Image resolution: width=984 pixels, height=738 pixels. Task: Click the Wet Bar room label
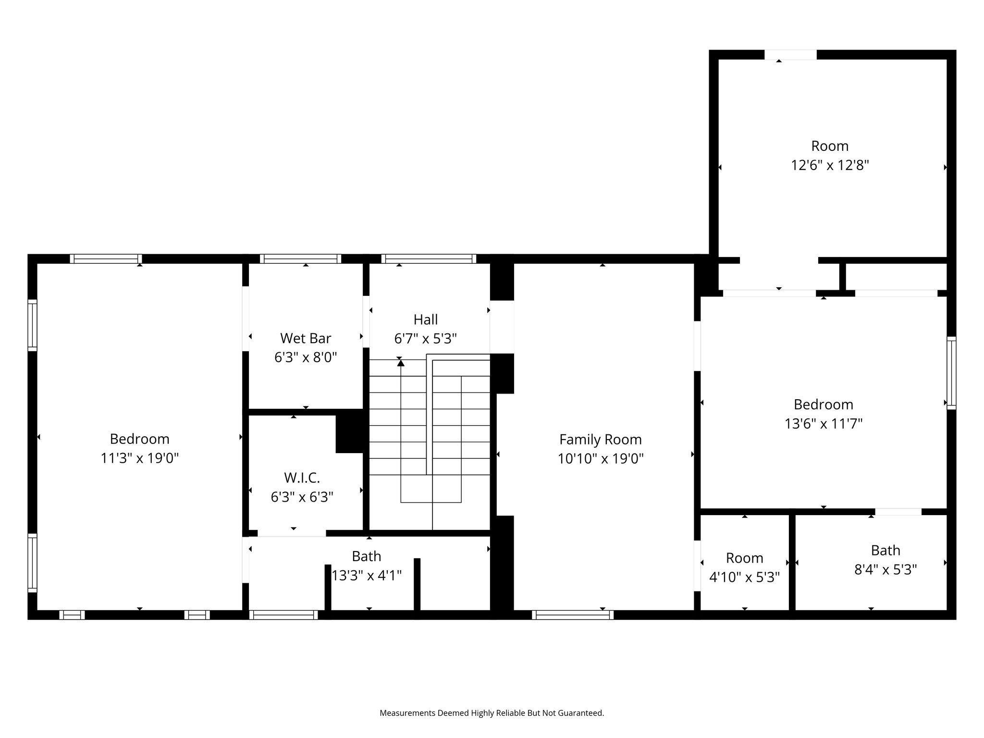click(x=306, y=338)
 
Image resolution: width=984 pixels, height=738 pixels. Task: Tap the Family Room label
click(x=601, y=440)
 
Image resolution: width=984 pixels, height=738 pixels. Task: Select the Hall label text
click(x=426, y=320)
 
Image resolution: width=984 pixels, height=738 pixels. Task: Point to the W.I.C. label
click(x=302, y=478)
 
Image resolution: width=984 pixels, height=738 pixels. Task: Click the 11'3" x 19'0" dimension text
click(x=139, y=458)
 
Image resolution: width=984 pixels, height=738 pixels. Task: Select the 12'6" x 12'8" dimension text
click(x=830, y=165)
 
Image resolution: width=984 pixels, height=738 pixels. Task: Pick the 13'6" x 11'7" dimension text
click(x=824, y=424)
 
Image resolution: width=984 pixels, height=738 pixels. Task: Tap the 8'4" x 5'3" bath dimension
click(x=886, y=569)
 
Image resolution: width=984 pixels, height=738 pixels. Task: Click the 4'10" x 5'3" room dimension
click(x=744, y=577)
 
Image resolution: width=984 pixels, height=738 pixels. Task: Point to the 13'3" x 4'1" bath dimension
click(x=367, y=575)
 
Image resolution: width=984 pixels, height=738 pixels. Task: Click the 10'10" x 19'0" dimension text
click(x=601, y=459)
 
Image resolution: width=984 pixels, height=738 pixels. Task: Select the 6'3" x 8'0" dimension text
click(x=306, y=357)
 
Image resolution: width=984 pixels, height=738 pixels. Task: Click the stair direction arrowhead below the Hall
click(x=401, y=363)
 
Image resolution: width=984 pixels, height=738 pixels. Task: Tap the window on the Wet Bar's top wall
click(x=301, y=259)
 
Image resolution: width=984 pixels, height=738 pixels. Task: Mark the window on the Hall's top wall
click(x=429, y=259)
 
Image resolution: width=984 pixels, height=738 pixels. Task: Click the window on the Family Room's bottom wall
click(x=573, y=615)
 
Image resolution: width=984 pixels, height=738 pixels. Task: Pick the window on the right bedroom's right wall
click(x=951, y=373)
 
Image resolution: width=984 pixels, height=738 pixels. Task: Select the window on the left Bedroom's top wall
click(x=106, y=259)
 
